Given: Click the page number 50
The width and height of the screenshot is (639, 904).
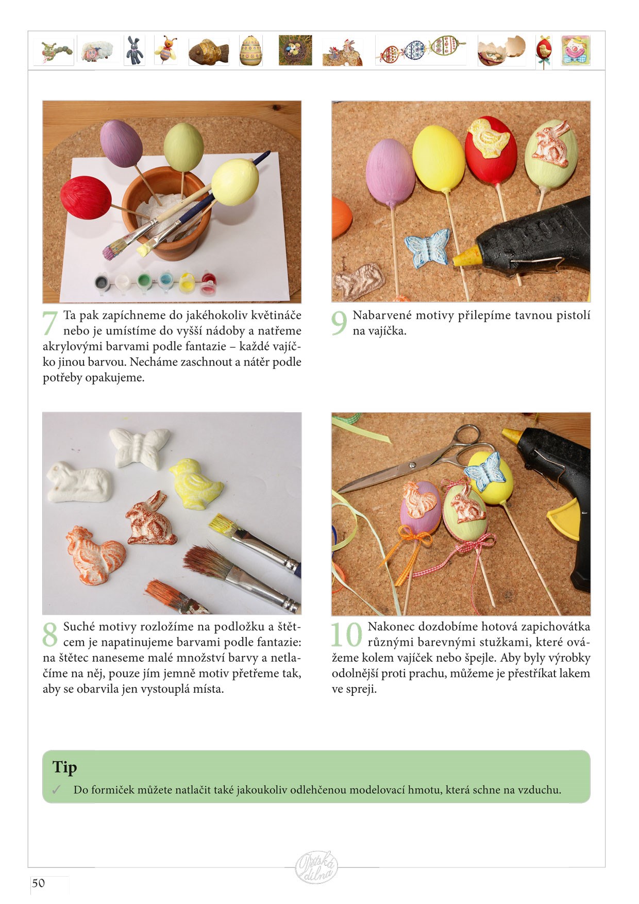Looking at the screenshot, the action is tap(39, 883).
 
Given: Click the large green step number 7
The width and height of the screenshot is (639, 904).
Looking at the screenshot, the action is tap(50, 323).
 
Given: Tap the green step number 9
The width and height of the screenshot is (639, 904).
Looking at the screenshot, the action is tap(339, 323).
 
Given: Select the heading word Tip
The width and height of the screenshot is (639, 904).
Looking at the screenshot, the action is tap(64, 767).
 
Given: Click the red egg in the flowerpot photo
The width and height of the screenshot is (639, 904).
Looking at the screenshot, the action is tap(86, 198).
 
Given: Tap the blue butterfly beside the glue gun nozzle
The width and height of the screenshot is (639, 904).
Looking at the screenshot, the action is tap(427, 247).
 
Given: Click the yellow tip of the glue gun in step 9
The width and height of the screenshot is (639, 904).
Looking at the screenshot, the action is tap(464, 255).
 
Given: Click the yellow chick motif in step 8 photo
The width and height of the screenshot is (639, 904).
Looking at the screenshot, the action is tap(196, 483).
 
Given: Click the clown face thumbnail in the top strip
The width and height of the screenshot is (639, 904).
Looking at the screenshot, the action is tap(576, 50).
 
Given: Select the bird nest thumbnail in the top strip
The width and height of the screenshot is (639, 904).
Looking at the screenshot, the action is tap(295, 50).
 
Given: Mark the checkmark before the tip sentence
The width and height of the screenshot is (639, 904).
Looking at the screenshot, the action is tap(56, 790).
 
